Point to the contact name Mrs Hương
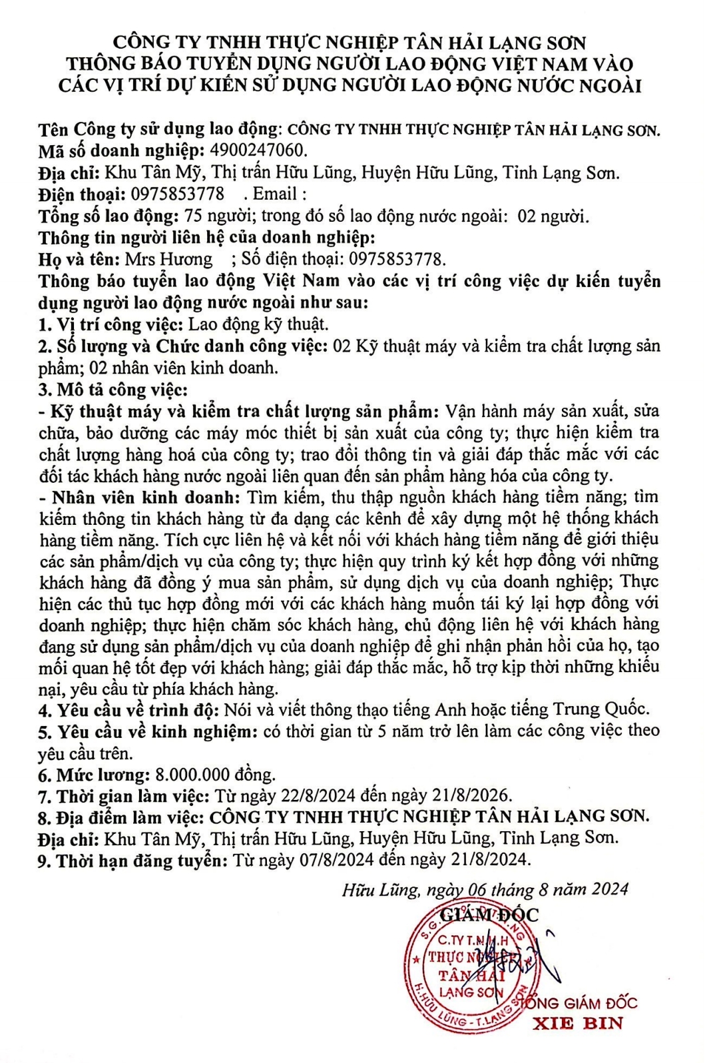(168, 259)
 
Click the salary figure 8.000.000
(192, 775)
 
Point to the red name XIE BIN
(578, 1023)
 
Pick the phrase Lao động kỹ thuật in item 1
(258, 324)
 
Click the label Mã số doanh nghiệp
(121, 151)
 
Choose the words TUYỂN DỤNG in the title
(228, 65)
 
